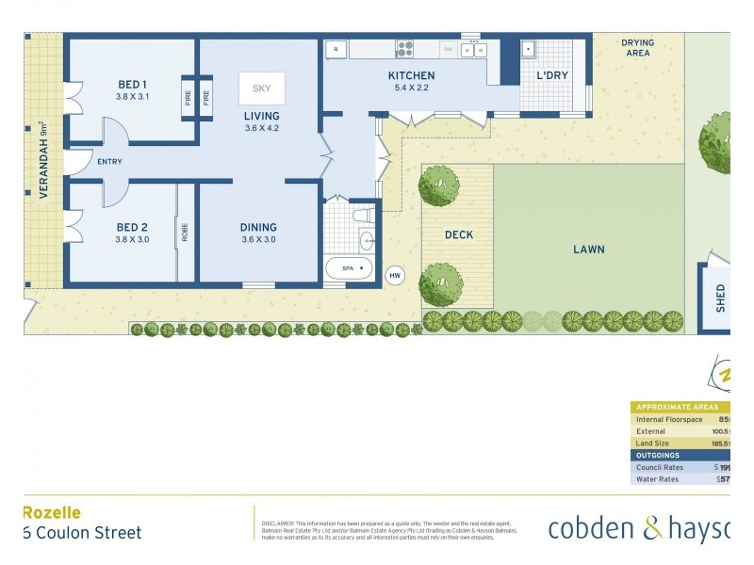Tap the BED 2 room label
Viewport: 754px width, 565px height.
click(x=132, y=227)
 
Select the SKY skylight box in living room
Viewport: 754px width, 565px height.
click(x=261, y=89)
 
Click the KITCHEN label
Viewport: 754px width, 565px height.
click(x=412, y=75)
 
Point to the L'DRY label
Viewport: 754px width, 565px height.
click(x=553, y=75)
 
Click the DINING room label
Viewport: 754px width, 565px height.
click(x=258, y=227)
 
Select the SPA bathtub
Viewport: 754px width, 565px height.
click(x=349, y=269)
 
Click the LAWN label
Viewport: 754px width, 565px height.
click(x=589, y=250)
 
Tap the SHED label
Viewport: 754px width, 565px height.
click(x=721, y=298)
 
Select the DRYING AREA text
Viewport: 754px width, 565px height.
click(x=637, y=48)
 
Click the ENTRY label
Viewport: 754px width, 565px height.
click(x=110, y=162)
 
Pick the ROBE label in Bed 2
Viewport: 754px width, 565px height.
click(x=186, y=232)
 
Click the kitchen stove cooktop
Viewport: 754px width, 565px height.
click(x=405, y=48)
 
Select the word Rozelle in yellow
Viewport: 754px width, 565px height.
click(x=51, y=512)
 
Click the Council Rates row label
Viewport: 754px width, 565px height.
click(x=661, y=467)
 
